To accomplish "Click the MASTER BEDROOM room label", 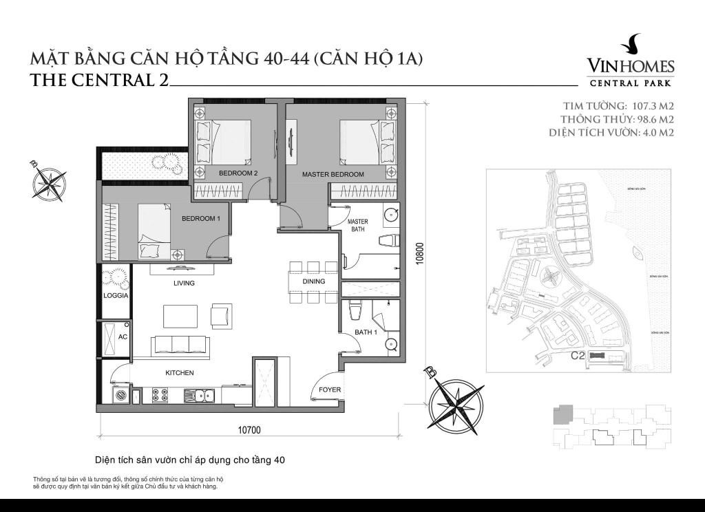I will (x=333, y=175).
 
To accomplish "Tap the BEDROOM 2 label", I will (x=238, y=173).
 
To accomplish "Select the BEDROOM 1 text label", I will (x=200, y=219).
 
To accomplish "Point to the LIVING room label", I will (x=184, y=283).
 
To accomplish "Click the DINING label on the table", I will (x=313, y=281).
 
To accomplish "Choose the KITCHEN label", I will (x=179, y=373).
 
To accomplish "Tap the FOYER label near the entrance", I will (x=329, y=390).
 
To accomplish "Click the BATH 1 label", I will (x=366, y=332).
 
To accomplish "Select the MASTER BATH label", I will (x=358, y=226).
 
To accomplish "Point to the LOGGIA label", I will (x=113, y=296).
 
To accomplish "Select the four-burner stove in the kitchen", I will (x=160, y=395).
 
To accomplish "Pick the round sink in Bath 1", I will (x=391, y=345).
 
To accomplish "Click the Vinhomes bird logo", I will (x=630, y=45).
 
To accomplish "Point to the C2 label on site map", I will (x=578, y=356).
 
